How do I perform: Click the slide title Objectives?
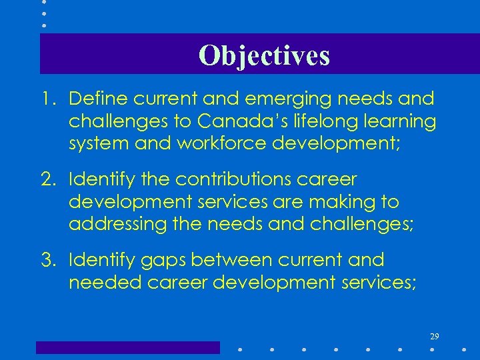coord(264,55)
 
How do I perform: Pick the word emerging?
coord(263,100)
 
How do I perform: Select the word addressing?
coord(113,225)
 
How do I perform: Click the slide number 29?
coord(434,336)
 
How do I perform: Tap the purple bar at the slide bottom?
coord(127,347)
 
